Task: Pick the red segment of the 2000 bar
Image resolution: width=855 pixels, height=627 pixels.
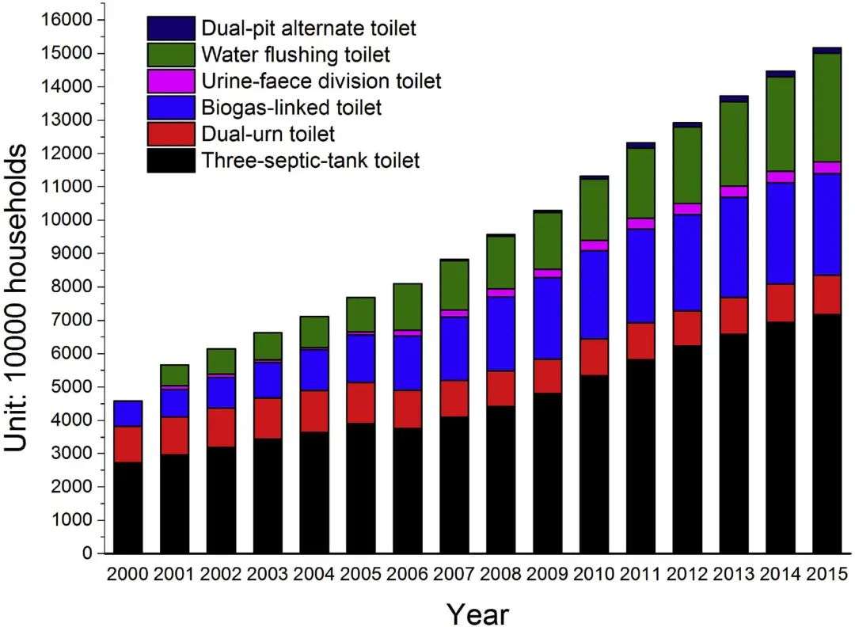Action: tap(128, 444)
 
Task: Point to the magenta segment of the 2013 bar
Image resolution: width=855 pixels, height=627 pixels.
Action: tap(734, 192)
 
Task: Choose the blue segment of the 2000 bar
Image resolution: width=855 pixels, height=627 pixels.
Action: tap(128, 414)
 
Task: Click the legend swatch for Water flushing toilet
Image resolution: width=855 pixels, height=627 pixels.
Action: tap(170, 55)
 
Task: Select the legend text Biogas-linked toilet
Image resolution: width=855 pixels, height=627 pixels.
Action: tap(291, 107)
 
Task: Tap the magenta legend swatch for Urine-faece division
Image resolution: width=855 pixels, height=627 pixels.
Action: tap(170, 81)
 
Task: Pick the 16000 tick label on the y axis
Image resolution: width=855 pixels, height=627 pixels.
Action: tap(69, 19)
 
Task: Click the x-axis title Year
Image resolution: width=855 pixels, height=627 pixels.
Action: tap(477, 612)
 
